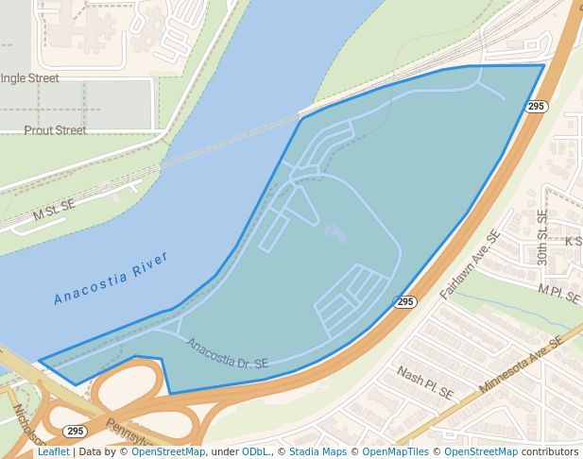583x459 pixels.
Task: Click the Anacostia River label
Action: [111, 279]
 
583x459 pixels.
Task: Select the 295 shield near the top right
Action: [537, 107]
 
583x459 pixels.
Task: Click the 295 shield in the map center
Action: [405, 301]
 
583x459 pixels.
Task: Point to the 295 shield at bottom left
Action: [77, 431]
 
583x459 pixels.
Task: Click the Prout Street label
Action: [55, 130]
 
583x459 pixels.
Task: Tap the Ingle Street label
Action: [29, 78]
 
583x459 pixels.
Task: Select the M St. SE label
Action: [54, 211]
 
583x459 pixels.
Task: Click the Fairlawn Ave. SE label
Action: [469, 265]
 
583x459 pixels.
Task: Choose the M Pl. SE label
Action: [558, 293]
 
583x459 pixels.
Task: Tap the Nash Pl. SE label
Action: [425, 382]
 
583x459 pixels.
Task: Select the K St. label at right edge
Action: [573, 242]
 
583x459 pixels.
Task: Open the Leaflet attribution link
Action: [53, 451]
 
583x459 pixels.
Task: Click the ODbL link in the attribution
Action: [254, 451]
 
